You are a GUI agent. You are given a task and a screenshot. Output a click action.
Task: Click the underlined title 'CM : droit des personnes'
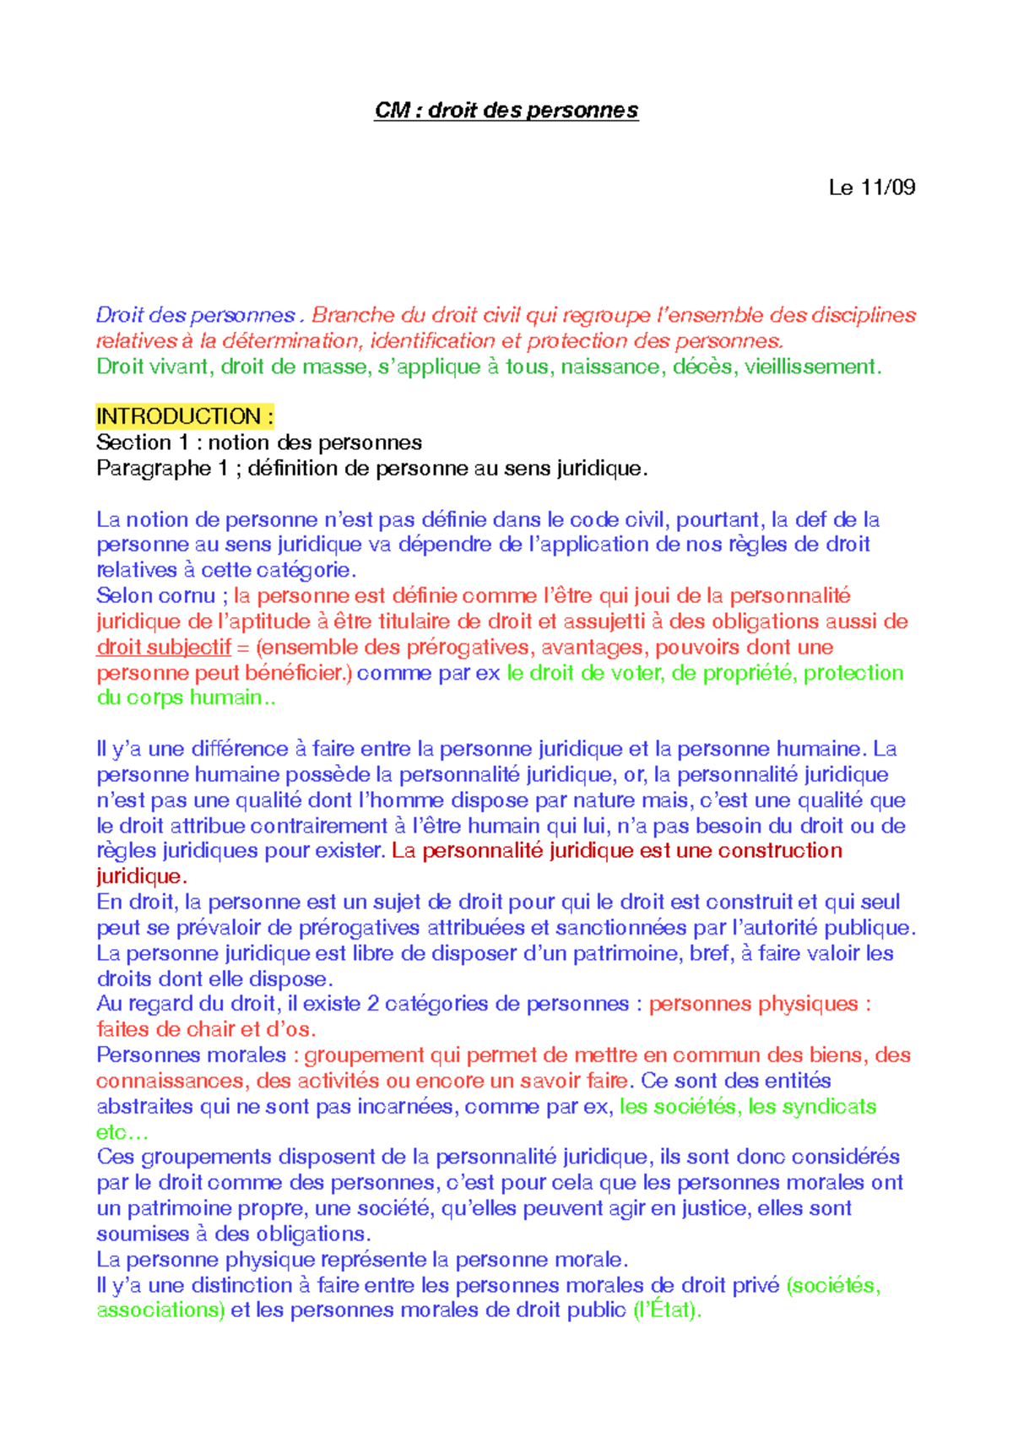(506, 111)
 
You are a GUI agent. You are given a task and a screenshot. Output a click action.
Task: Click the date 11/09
(887, 187)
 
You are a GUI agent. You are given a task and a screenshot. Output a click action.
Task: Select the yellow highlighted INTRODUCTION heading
(185, 416)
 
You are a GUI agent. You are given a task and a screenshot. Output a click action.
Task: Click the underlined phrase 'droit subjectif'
(164, 648)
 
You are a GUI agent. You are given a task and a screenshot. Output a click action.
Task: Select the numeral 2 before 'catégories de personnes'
(373, 1004)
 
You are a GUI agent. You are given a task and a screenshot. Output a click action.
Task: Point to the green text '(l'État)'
(667, 1310)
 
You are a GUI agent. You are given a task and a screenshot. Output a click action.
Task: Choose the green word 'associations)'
(160, 1310)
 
